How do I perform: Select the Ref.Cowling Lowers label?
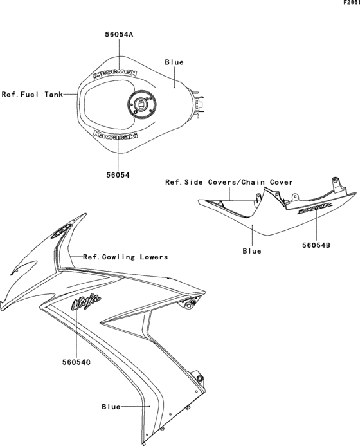(x=125, y=257)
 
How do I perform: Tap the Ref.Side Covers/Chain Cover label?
(x=230, y=182)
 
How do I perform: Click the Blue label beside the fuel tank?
(x=174, y=62)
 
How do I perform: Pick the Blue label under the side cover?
(x=251, y=251)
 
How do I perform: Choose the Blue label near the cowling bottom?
(x=111, y=407)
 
